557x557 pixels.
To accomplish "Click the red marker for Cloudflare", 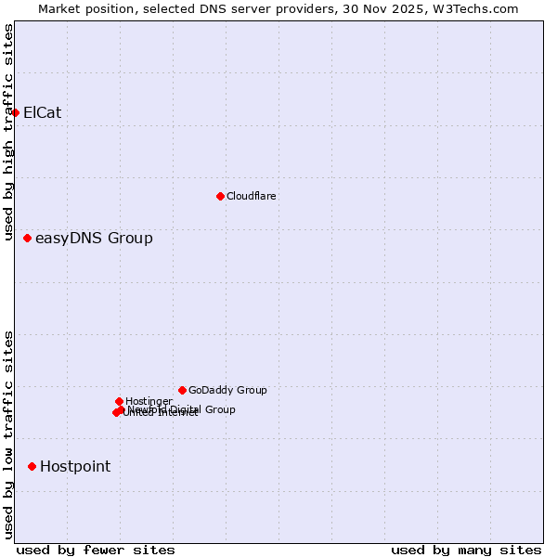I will tap(220, 196).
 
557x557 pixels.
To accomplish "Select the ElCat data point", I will tap(15, 112).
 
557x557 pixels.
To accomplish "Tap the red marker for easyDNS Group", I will tap(27, 239).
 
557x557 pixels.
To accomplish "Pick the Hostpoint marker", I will tap(32, 466).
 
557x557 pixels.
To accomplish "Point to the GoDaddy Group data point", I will tap(182, 390).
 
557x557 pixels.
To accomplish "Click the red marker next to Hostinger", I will tap(119, 401).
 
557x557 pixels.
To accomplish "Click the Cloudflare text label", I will tap(252, 196).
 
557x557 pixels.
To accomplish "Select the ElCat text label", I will tap(42, 112).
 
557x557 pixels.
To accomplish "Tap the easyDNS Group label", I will tap(94, 239).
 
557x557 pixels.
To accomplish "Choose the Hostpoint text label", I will tap(74, 466).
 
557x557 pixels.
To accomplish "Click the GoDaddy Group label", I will tap(227, 390).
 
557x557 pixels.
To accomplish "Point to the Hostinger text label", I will tap(149, 401).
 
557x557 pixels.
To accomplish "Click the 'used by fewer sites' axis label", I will tap(96, 550).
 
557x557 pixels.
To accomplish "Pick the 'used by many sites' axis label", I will tap(466, 550).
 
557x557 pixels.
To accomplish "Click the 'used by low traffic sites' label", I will tap(8, 434).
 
